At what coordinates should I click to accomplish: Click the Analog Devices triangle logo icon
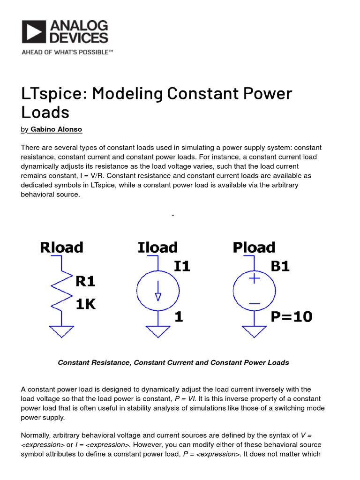tap(34, 31)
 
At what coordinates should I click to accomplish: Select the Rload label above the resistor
tap(61, 247)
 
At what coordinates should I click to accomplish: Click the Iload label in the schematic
tap(157, 247)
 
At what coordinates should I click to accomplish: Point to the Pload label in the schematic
tap(254, 247)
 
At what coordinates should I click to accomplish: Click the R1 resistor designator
tap(86, 281)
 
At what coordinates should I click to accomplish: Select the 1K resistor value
tap(86, 304)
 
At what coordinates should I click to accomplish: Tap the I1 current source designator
tap(182, 266)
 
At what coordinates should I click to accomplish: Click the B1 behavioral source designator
tap(280, 266)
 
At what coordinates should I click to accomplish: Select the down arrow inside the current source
tap(158, 291)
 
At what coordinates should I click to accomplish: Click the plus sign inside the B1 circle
tap(255, 278)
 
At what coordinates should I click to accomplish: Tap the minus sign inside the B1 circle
tap(255, 304)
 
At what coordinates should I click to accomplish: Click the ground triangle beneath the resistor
tap(61, 331)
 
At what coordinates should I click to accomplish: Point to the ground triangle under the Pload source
tap(255, 331)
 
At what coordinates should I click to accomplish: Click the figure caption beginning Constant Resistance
tap(173, 362)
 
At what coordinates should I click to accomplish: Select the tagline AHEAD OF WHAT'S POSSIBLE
tap(67, 52)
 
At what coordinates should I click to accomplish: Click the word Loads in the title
tap(45, 112)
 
